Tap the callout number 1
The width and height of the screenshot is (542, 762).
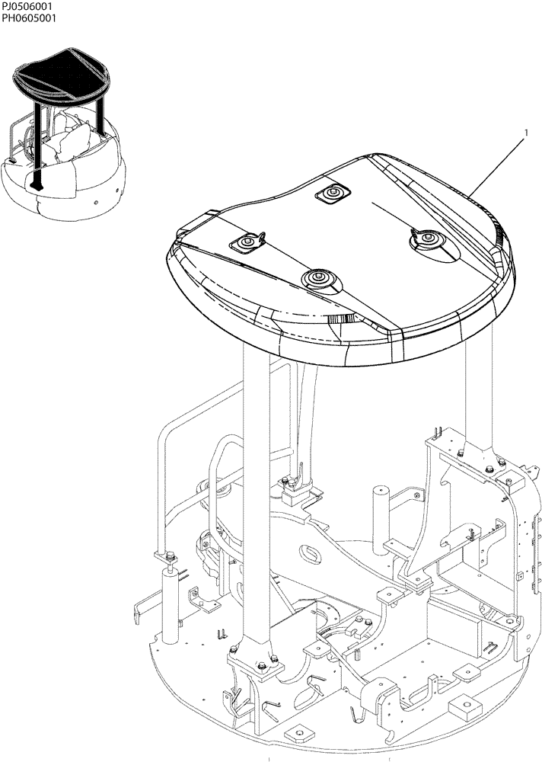pos(525,133)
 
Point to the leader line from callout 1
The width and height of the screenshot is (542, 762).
pos(495,164)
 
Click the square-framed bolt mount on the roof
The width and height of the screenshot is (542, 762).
pos(332,195)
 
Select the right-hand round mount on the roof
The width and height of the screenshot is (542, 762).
pos(427,239)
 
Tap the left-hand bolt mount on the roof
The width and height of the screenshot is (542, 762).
pos(246,244)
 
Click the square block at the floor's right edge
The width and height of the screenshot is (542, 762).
pos(464,709)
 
